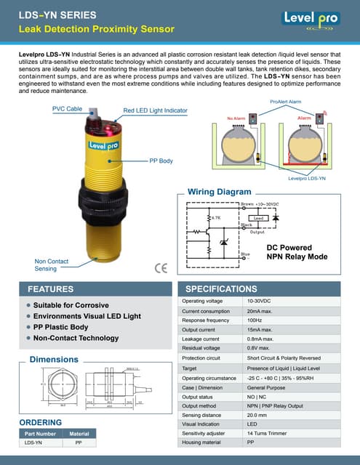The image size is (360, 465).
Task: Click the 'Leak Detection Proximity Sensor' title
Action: [97, 29]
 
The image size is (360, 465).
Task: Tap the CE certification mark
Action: [161, 266]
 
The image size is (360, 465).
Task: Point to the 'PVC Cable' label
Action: [67, 108]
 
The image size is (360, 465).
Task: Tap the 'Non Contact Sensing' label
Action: [52, 265]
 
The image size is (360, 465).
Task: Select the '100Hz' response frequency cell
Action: [254, 320]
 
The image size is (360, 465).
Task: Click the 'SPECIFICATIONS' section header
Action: [221, 288]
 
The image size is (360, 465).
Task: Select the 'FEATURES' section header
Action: [50, 288]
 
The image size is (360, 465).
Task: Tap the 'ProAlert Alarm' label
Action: [285, 102]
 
